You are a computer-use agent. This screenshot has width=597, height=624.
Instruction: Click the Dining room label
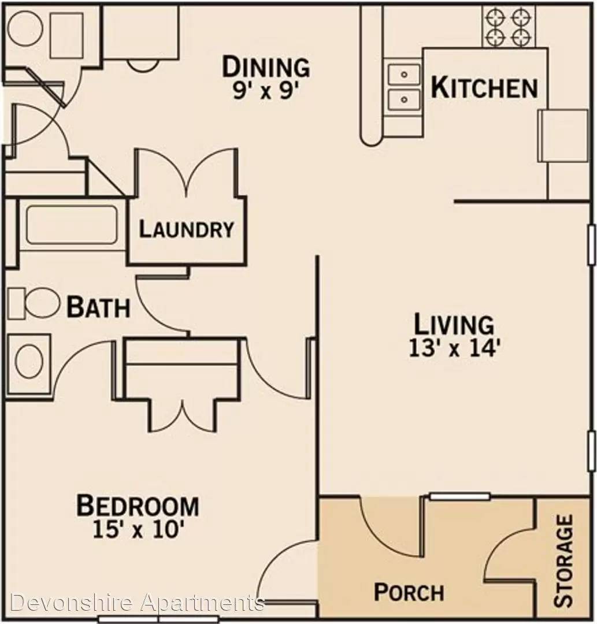[x=266, y=67]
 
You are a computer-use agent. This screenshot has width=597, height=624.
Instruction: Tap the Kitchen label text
[x=484, y=88]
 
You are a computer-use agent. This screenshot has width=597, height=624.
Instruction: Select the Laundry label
[x=186, y=229]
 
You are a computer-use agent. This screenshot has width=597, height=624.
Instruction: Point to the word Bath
[x=98, y=307]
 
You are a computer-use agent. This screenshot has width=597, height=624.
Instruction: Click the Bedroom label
[x=138, y=506]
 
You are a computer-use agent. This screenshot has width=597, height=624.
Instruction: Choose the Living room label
[x=454, y=324]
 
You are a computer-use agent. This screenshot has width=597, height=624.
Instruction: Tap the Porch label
[x=409, y=592]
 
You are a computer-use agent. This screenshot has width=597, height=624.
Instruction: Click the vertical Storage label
[x=563, y=560]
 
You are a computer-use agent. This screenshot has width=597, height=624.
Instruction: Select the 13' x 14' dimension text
[x=454, y=349]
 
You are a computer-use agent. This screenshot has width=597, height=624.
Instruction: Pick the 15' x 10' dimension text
[x=138, y=529]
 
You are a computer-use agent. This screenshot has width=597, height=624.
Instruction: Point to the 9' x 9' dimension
[x=266, y=91]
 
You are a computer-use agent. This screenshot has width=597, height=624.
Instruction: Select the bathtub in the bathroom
[x=72, y=224]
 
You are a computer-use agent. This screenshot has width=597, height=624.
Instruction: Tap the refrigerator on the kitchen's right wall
[x=563, y=135]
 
